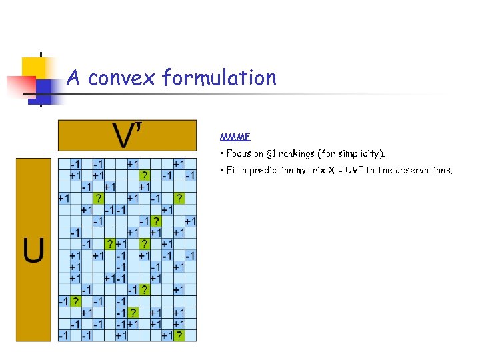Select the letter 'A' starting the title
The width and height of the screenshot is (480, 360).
(74, 78)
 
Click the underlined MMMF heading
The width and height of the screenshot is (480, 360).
(235, 137)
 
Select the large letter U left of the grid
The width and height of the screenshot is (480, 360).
(33, 250)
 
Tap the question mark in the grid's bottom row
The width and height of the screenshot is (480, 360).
(179, 336)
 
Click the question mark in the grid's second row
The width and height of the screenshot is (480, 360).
(145, 175)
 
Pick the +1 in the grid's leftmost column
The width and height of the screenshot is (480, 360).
(65, 198)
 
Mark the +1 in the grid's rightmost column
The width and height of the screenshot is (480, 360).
(190, 221)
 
